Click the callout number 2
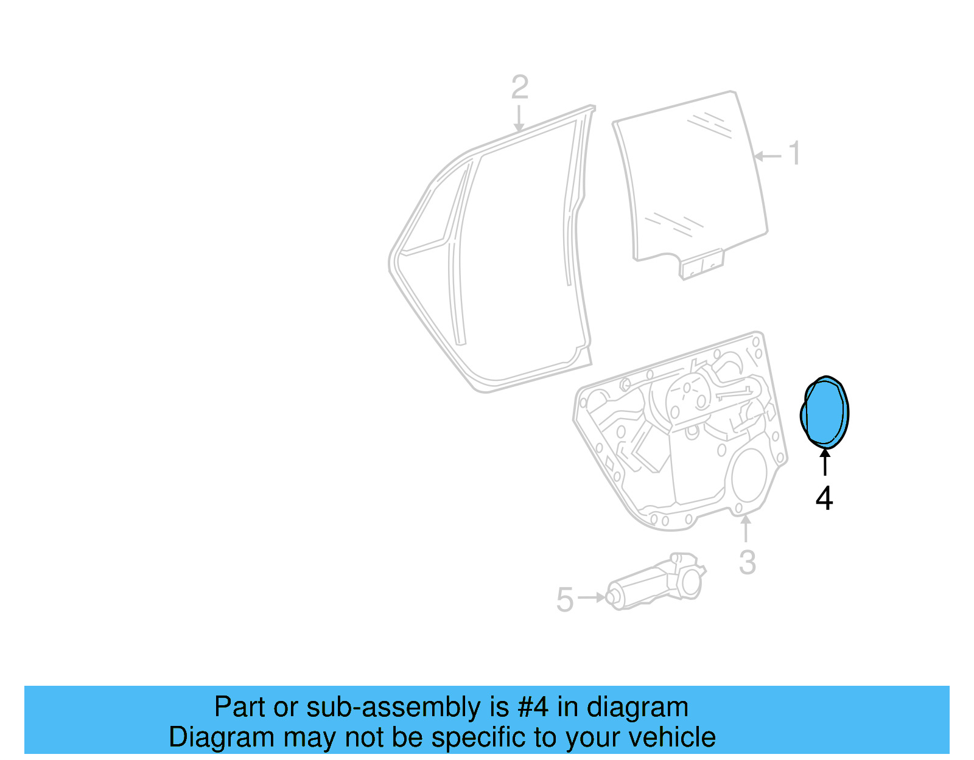(x=519, y=88)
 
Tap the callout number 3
(x=748, y=562)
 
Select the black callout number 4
(x=824, y=498)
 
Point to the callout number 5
(x=565, y=599)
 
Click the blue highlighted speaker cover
(x=825, y=413)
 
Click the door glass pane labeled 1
(x=691, y=176)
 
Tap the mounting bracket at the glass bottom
(x=702, y=265)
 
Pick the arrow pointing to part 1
(x=767, y=156)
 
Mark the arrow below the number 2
(x=519, y=118)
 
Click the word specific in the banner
(x=481, y=737)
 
